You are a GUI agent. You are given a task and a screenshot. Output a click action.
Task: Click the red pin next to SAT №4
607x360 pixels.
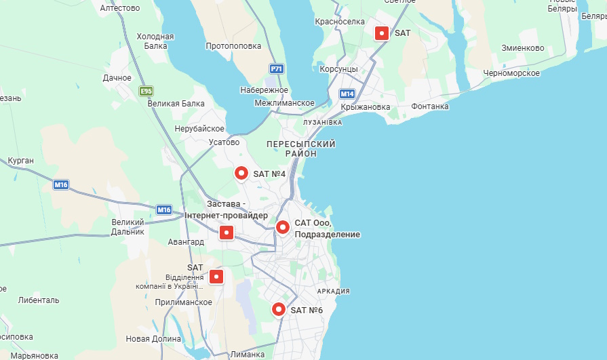coord(241,173)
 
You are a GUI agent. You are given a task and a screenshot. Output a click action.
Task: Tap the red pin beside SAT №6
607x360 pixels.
coord(278,309)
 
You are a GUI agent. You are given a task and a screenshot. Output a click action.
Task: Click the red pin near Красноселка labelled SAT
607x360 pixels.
coord(383,33)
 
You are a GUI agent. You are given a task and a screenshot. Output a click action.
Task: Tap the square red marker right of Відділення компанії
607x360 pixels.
coord(216,277)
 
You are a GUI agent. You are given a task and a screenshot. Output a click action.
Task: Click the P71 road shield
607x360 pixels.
coord(276,69)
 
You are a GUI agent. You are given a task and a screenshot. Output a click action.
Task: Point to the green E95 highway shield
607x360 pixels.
coord(146,90)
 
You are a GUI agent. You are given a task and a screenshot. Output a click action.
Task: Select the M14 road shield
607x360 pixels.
coord(347,94)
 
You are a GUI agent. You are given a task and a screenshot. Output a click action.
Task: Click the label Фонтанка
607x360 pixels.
coord(429,106)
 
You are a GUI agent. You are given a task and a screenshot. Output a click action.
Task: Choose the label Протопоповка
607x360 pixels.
coord(233,46)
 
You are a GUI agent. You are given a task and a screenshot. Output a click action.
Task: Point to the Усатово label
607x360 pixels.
coord(224,142)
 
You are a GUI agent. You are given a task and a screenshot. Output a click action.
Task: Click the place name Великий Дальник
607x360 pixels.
coord(128,226)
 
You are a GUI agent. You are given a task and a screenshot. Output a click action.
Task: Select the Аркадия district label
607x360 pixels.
coord(333,292)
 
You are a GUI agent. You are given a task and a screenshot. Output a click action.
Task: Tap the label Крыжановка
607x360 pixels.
coord(366,107)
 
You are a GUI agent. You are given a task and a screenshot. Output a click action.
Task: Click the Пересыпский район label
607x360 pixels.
coord(301,149)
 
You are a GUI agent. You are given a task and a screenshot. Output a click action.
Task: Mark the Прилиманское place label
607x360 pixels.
coord(183,302)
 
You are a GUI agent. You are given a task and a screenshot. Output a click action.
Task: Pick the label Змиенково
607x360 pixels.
coord(523,48)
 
